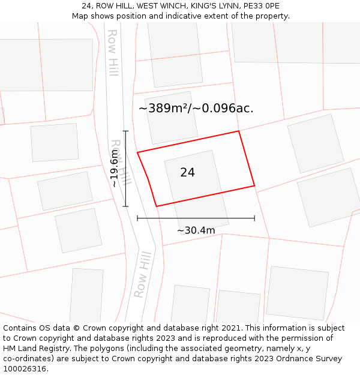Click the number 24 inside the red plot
(187, 172)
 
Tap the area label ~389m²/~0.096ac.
(196, 108)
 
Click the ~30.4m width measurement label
(196, 230)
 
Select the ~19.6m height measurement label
(115, 169)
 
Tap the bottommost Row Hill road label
(142, 275)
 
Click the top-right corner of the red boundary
(239, 131)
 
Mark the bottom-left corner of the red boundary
(157, 206)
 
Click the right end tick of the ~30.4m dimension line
(254, 218)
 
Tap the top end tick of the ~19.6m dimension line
(126, 131)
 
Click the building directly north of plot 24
(171, 117)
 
